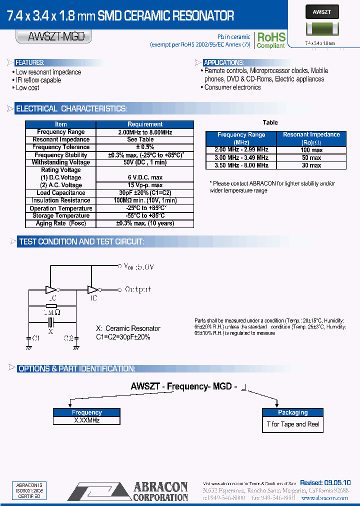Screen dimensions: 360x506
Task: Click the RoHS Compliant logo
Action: pyautogui.click(x=270, y=39)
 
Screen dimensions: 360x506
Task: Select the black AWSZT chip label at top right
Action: pyautogui.click(x=321, y=12)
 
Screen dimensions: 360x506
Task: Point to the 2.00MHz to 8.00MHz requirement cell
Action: pyautogui.click(x=145, y=132)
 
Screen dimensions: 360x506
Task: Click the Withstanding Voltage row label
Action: pyautogui.click(x=60, y=162)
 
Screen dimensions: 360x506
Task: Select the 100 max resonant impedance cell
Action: pyautogui.click(x=311, y=150)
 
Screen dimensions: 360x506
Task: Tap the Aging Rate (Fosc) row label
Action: pyautogui.click(x=60, y=223)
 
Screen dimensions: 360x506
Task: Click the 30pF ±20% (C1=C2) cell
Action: pyautogui.click(x=145, y=193)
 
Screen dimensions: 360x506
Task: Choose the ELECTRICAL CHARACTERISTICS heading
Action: pyautogui.click(x=71, y=109)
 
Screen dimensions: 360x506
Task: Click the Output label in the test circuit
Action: pyautogui.click(x=137, y=289)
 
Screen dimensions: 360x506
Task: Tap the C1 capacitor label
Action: pyautogui.click(x=35, y=338)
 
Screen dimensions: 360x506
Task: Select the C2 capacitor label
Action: pyautogui.click(x=69, y=338)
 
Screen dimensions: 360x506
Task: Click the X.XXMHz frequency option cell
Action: pyautogui.click(x=86, y=421)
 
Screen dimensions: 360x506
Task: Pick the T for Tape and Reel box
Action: pyautogui.click(x=292, y=424)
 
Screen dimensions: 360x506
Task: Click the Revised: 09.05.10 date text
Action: pyautogui.click(x=325, y=482)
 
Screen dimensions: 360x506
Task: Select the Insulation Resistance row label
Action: pyautogui.click(x=60, y=200)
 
